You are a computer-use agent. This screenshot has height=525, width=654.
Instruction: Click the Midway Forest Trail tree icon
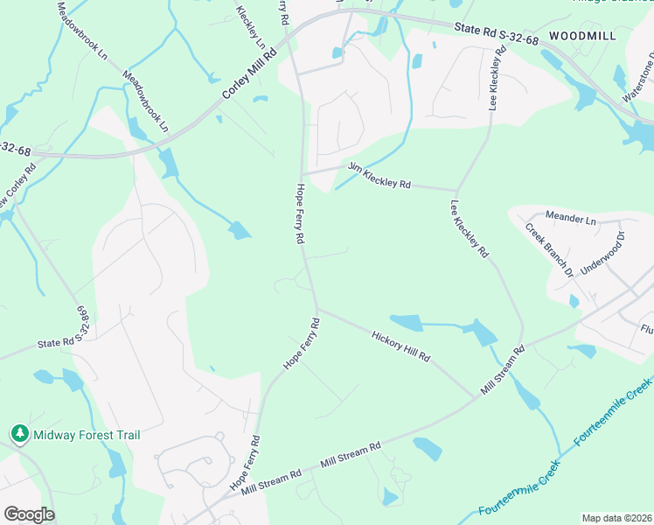(19, 434)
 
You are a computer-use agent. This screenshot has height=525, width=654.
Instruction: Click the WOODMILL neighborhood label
(583, 35)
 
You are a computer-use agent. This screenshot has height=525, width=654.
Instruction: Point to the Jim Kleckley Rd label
(379, 175)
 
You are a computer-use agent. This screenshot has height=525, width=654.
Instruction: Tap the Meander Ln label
(569, 215)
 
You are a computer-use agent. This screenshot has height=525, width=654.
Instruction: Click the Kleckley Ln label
(250, 27)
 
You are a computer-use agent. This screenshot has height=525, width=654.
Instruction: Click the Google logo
(29, 514)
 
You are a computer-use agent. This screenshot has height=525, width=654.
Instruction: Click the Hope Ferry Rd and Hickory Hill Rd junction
(317, 308)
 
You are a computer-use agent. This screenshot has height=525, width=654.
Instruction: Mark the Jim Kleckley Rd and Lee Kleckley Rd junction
(456, 189)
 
